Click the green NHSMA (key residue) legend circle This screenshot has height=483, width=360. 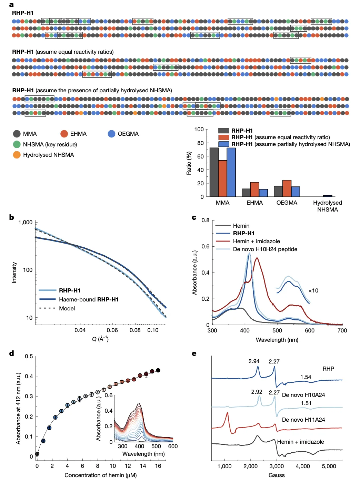click(17, 144)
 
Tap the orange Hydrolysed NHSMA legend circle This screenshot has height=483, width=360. click(17, 155)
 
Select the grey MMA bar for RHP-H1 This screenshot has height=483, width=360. click(214, 172)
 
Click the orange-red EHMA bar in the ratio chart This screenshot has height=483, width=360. click(254, 189)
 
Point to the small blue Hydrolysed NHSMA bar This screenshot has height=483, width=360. click(328, 196)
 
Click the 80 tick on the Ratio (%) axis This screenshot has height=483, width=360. click(199, 143)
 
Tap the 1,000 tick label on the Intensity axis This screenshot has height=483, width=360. click(26, 223)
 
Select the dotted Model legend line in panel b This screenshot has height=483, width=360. click(47, 308)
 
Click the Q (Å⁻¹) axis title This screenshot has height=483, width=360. click(100, 339)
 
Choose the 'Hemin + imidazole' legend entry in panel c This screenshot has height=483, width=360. click(256, 241)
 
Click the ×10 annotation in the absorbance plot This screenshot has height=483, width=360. click(313, 291)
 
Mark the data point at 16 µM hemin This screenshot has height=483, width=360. click(158, 370)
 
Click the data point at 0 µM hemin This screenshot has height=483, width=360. click(37, 454)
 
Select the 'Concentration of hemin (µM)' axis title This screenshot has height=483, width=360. click(100, 475)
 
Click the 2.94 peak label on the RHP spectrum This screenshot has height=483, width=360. click(254, 361)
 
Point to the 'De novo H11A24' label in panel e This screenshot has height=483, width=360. click(303, 420)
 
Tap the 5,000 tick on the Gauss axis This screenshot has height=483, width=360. click(329, 466)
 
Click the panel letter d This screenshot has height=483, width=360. click(12, 353)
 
